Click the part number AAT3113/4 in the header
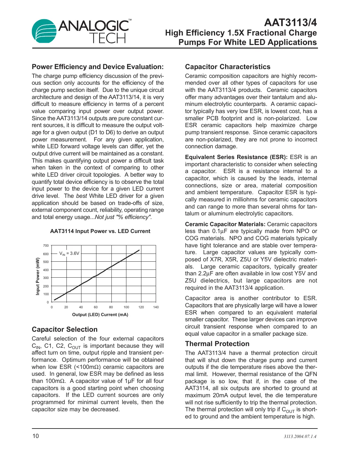click(x=290, y=22)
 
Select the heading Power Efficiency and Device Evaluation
click(x=98, y=67)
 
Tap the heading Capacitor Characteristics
click(x=227, y=67)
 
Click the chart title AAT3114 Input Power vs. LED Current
click(x=100, y=231)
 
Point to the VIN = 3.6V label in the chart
click(x=69, y=253)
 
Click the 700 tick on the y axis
click(x=46, y=246)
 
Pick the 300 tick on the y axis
click(x=46, y=278)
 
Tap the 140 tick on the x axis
click(x=156, y=307)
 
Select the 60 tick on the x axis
click(x=96, y=307)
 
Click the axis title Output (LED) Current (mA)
click(x=100, y=315)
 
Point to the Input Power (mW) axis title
click(x=38, y=277)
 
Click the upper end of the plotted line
click(x=139, y=250)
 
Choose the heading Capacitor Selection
click(x=65, y=329)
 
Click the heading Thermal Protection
click(x=217, y=344)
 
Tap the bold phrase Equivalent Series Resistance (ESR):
click(x=236, y=157)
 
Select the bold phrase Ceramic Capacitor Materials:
click(x=225, y=224)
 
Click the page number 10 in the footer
click(x=36, y=436)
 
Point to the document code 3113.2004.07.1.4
click(x=300, y=437)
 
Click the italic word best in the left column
click(x=81, y=196)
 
